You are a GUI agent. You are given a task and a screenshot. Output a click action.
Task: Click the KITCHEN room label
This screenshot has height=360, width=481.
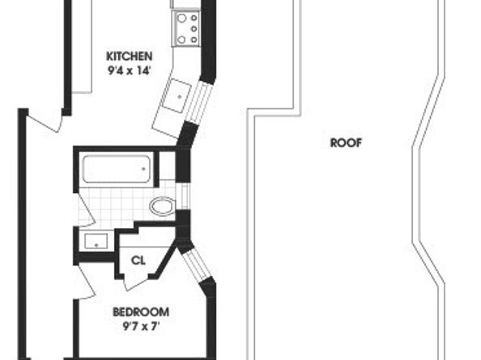click(129, 57)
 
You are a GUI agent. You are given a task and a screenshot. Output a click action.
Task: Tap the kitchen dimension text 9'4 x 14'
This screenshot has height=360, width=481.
click(129, 71)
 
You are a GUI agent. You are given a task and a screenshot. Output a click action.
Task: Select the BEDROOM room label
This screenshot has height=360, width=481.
click(141, 312)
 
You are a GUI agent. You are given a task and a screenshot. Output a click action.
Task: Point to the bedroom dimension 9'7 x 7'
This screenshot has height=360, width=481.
click(141, 327)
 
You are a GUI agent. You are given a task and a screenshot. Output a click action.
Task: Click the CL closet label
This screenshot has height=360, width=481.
click(138, 260)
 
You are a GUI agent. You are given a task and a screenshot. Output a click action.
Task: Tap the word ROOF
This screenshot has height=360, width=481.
click(346, 142)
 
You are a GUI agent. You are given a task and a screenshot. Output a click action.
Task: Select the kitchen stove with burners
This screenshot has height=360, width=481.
click(186, 28)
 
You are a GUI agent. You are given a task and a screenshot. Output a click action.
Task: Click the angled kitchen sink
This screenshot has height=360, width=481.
click(177, 95)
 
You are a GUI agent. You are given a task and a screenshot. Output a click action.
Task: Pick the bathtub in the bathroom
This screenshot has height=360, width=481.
click(117, 169)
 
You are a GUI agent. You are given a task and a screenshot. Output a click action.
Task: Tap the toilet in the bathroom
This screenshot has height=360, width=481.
click(162, 205)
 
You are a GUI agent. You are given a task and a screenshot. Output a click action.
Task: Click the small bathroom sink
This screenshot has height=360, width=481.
click(96, 241)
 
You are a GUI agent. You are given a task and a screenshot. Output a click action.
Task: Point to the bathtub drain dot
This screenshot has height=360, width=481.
click(143, 168)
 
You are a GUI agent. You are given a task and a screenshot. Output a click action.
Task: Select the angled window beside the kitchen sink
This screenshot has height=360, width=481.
click(198, 101)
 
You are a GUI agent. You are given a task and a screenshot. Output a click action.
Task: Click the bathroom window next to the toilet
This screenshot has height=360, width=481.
click(184, 196)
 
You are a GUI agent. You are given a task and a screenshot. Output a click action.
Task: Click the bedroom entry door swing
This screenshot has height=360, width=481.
click(87, 282)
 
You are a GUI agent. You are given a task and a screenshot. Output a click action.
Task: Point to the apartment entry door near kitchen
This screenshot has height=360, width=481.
click(45, 121)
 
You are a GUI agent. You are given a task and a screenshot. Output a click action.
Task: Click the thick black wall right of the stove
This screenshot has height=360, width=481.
click(208, 40)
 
